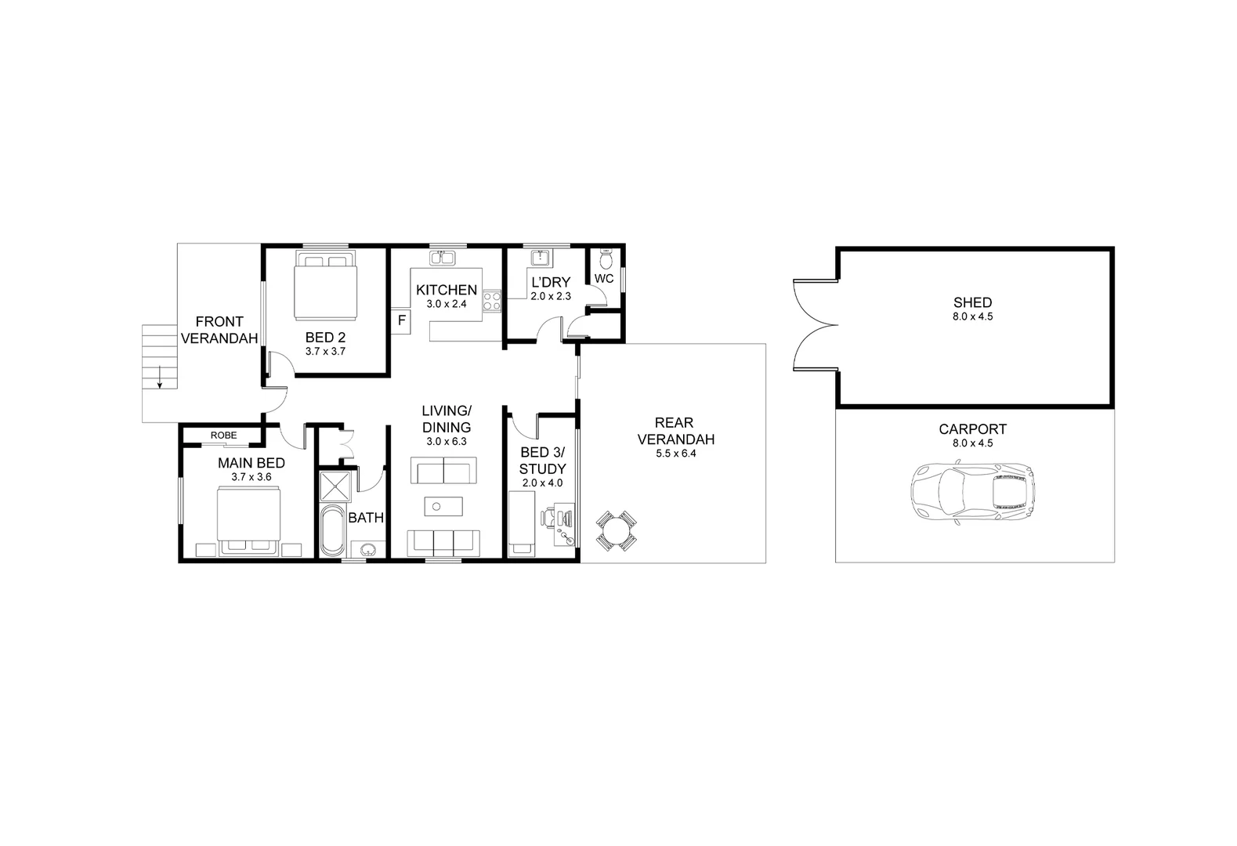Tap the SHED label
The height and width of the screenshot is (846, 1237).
pos(972,302)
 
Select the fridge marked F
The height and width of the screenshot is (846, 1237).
pos(401,320)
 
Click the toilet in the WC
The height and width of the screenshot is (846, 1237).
pos(605,258)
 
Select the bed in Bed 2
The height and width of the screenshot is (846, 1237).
pos(325,285)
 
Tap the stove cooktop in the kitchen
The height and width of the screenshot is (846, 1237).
pos(492,302)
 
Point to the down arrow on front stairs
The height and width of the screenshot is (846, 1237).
pos(160,378)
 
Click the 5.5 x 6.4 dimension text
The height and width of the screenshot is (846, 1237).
pos(675,454)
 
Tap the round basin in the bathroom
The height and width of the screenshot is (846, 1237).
pos(365,548)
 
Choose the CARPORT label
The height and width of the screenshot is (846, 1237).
pos(972,429)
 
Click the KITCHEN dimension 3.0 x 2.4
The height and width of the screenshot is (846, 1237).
pos(446,304)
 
